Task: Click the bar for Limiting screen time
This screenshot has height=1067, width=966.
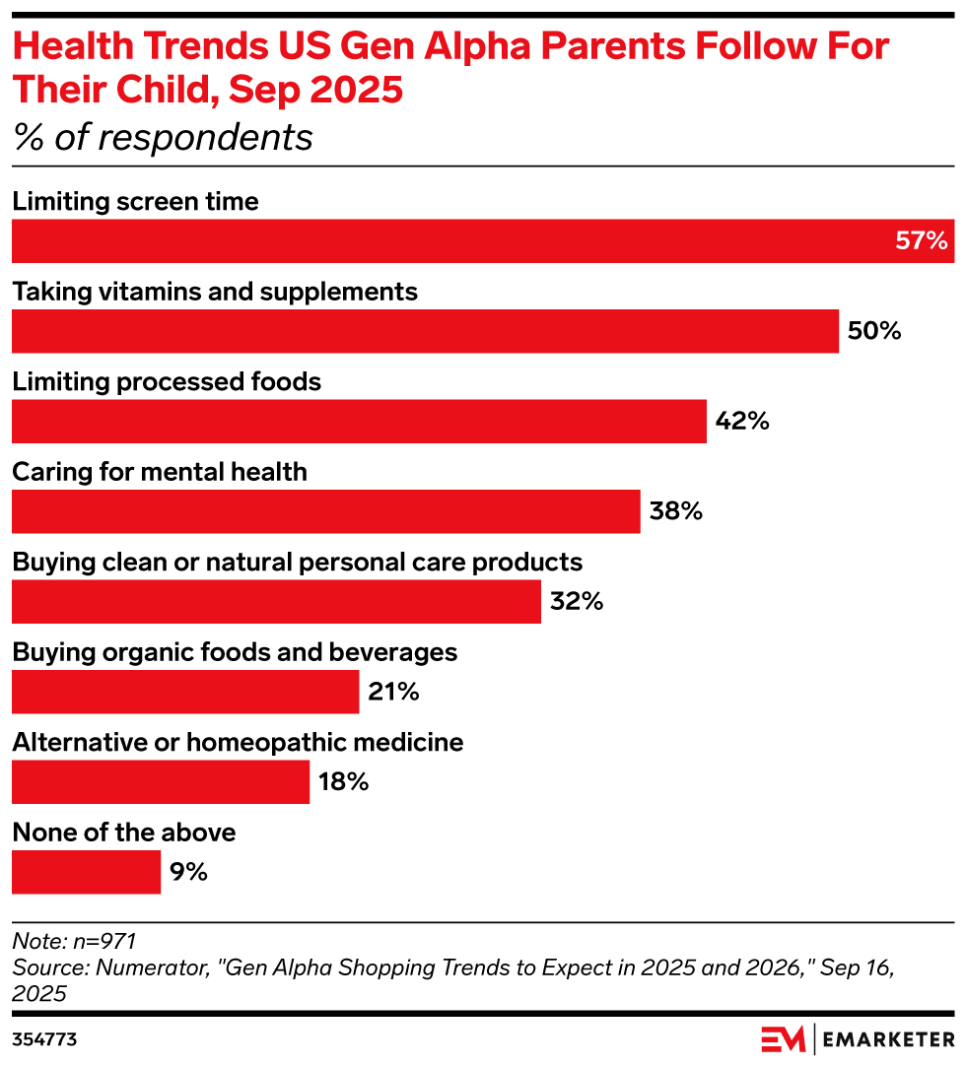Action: pos(483,241)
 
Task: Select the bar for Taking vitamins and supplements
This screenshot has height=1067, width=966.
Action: pos(425,331)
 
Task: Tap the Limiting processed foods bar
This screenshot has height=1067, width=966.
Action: pos(359,422)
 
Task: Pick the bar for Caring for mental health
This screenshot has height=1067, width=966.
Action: pos(325,512)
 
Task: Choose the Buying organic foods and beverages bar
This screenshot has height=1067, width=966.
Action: pos(185,693)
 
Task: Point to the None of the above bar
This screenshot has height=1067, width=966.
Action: pos(86,873)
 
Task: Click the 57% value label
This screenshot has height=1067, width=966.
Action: pos(921,241)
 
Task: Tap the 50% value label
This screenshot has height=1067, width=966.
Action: pos(874,331)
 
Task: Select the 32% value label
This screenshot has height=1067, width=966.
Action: pos(577,602)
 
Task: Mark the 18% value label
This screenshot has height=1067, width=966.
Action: pos(343,782)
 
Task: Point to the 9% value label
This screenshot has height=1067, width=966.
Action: pos(188,873)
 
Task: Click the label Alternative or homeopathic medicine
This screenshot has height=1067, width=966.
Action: pos(238,742)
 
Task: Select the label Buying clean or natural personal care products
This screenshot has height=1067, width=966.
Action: pos(297,562)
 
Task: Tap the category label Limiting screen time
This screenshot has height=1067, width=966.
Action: pos(135,201)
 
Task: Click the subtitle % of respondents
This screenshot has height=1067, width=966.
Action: pos(163,138)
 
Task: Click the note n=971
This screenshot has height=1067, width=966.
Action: pos(74,941)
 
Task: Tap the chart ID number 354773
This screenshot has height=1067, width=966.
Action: pos(44,1039)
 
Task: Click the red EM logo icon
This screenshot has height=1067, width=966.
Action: pos(784,1039)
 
